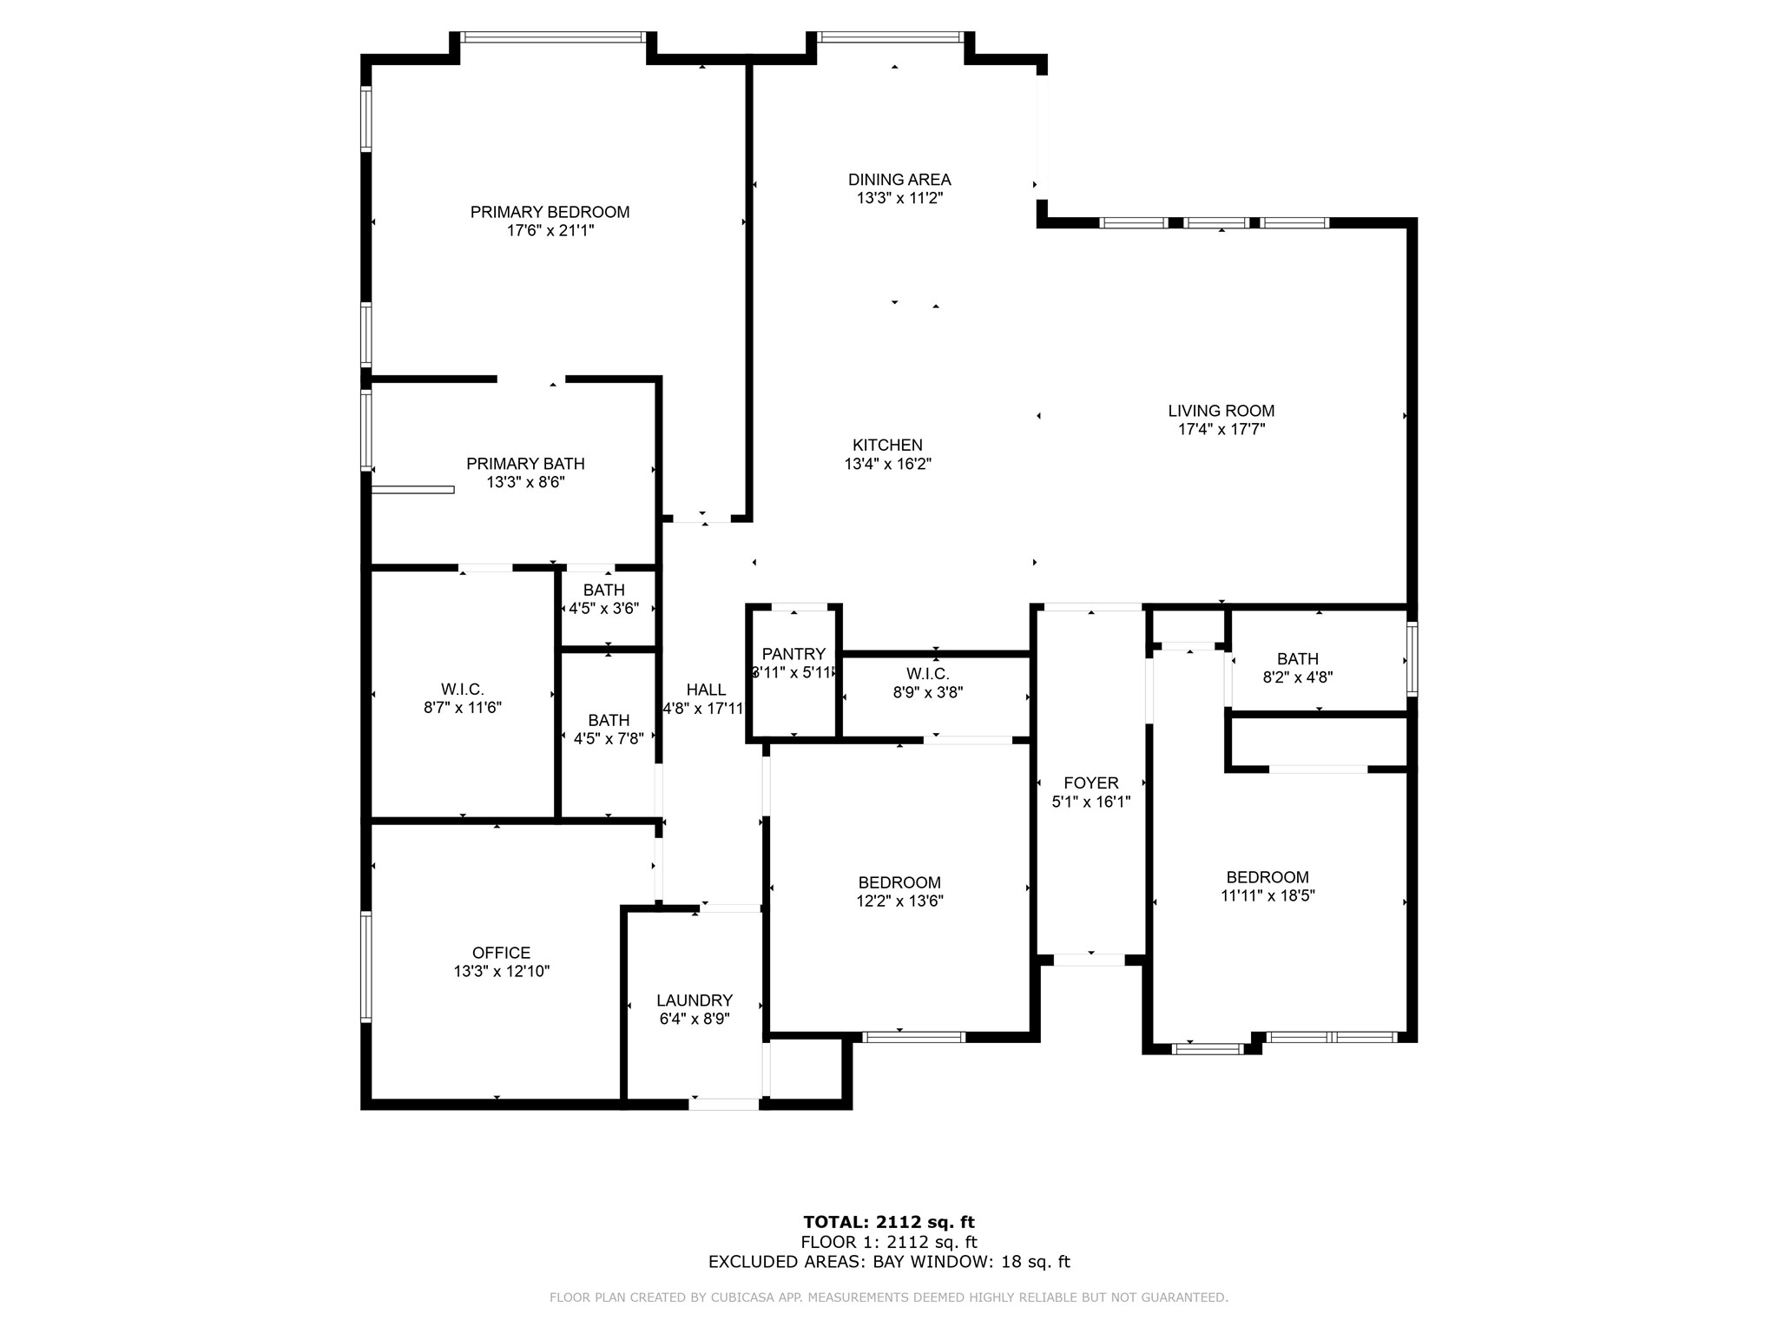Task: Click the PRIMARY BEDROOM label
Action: click(x=550, y=212)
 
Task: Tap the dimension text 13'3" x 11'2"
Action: click(x=899, y=198)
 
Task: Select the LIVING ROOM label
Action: click(x=1221, y=411)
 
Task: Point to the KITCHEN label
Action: click(x=887, y=445)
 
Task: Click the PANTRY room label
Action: click(x=794, y=654)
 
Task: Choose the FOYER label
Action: click(x=1091, y=783)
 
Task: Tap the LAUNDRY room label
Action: click(x=695, y=1000)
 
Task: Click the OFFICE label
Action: click(x=501, y=953)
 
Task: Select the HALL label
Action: click(x=706, y=690)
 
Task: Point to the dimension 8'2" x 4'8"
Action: click(x=1297, y=677)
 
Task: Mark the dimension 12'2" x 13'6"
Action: click(x=899, y=901)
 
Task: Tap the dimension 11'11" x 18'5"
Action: click(x=1268, y=896)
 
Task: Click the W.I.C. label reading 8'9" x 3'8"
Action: click(x=927, y=674)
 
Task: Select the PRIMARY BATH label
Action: click(x=525, y=464)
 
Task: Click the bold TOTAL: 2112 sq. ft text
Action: click(x=889, y=1223)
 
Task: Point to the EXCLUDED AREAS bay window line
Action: click(x=889, y=1262)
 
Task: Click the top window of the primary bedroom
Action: click(x=553, y=37)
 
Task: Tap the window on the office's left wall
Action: click(x=366, y=966)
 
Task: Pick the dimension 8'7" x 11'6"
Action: click(x=462, y=708)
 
